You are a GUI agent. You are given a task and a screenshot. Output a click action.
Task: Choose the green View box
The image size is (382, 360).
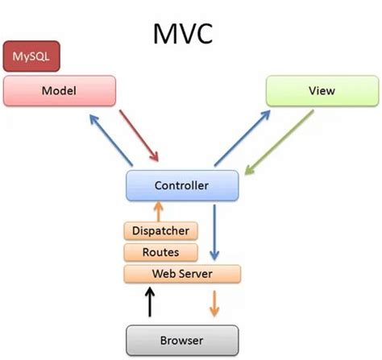[x=321, y=90]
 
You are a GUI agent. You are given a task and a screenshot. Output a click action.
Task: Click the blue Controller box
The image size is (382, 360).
[x=182, y=186]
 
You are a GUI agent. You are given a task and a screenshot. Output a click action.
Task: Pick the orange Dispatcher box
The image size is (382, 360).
[x=160, y=231]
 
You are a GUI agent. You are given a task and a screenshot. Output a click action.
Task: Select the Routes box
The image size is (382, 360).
[x=160, y=252]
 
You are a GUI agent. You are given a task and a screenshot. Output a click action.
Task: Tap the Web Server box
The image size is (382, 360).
[x=182, y=274]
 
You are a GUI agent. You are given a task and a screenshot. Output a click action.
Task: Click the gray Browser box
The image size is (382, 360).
[x=182, y=339]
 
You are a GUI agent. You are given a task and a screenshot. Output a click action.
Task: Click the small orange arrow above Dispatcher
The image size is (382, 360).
[x=159, y=212]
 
